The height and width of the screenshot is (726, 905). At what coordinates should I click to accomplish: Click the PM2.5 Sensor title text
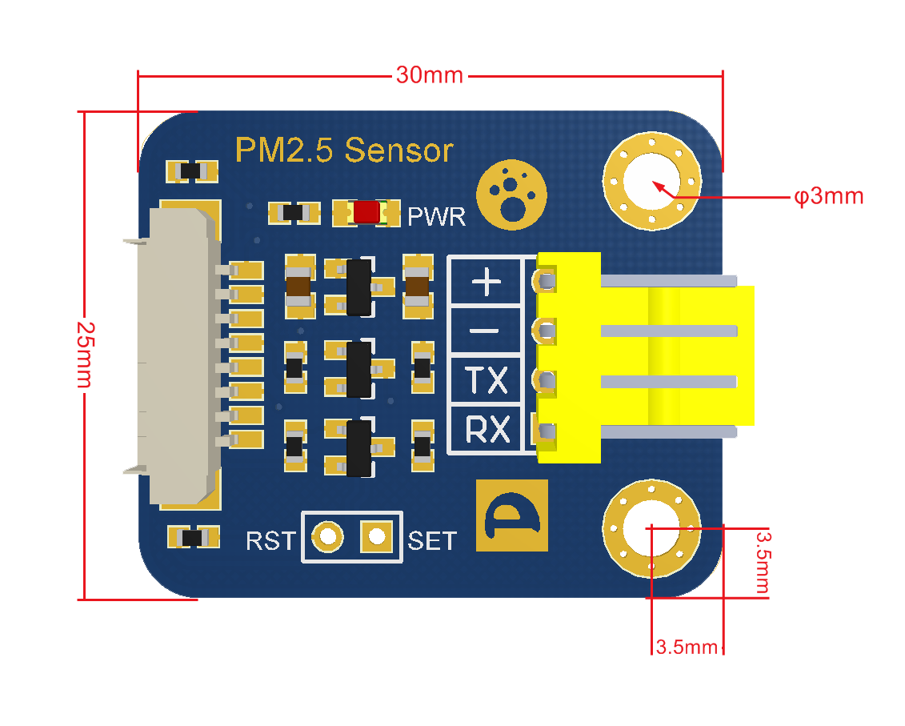point(344,150)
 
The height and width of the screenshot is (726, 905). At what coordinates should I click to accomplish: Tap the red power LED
point(366,212)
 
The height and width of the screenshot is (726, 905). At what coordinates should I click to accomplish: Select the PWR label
point(436,216)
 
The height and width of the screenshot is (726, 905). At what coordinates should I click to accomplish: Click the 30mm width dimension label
point(430,75)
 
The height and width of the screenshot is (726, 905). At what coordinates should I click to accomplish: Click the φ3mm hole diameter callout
point(829,196)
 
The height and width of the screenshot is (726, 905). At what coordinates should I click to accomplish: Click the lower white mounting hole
point(651,528)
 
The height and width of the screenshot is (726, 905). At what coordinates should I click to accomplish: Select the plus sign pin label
point(487,282)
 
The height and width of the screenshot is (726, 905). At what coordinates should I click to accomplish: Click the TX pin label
point(487,381)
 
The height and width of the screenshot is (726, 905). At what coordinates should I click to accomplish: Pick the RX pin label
point(487,431)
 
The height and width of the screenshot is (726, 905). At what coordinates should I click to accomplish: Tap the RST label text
point(270,541)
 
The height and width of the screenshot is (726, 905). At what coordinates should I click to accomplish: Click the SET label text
point(432,541)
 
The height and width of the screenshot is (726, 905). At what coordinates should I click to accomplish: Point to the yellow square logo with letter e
point(512,515)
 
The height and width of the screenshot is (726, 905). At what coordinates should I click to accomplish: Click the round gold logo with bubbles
point(511,193)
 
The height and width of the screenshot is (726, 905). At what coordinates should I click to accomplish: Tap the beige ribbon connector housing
point(180,356)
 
